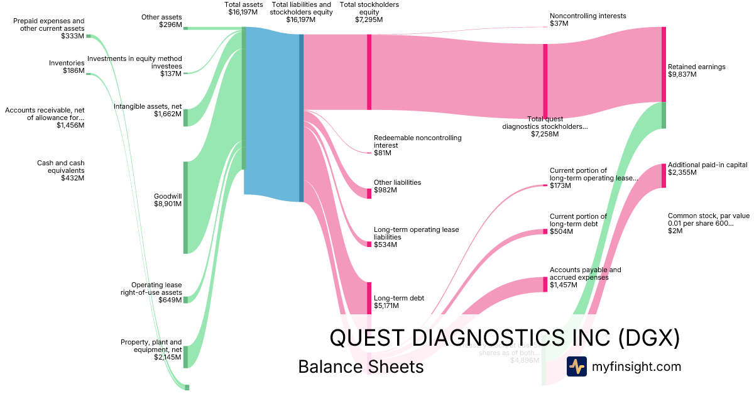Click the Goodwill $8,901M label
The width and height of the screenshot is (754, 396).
pos(168,200)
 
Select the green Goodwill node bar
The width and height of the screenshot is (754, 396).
pos(185,207)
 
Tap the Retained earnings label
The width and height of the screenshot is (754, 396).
pos(696,70)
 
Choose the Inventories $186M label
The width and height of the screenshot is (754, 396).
pos(67,67)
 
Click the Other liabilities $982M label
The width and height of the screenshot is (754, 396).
pos(397,186)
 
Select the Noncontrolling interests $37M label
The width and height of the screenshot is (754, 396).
pos(587,19)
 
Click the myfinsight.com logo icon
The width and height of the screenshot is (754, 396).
pos(576,366)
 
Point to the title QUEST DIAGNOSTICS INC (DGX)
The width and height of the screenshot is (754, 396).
pos(505,338)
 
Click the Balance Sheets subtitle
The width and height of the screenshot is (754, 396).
pos(361,366)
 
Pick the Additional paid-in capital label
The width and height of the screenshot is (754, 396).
pos(707,168)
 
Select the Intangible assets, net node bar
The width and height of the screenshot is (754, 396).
pos(185,118)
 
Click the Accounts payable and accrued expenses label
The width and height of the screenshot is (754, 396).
pos(585,277)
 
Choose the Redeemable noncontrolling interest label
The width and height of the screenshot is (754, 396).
pos(417,145)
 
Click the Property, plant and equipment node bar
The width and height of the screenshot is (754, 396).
pos(185,356)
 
